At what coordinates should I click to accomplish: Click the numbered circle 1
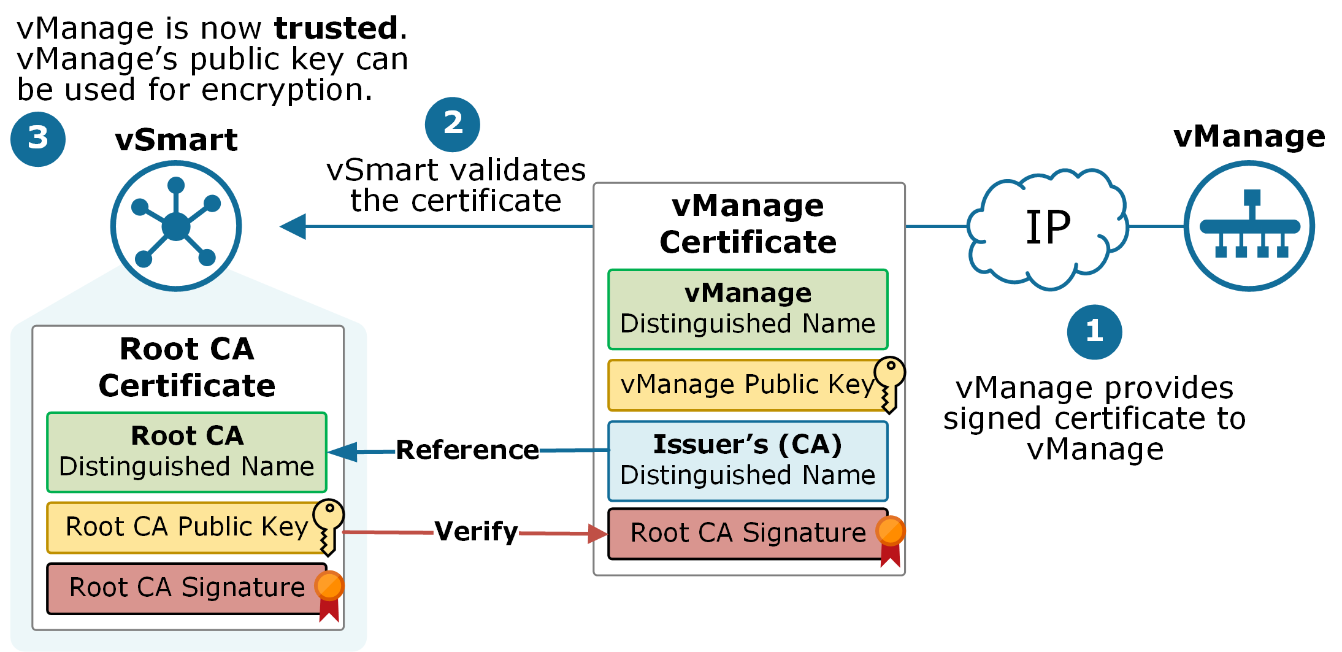1094,332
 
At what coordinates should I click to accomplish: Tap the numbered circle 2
452,125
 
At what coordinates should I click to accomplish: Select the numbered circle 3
38,139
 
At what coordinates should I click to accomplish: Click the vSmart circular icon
176,226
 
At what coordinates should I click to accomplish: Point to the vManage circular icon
1249,226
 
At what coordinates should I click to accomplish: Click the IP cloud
1048,228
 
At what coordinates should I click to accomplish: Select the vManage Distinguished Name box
747,309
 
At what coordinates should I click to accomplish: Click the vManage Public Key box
742,385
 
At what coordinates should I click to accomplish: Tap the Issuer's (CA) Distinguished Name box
747,461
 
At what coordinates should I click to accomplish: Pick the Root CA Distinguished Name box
186,452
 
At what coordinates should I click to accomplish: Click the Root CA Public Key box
181,527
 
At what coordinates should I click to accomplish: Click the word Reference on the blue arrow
467,450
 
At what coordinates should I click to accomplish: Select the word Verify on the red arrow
476,532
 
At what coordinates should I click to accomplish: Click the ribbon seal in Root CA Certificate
329,594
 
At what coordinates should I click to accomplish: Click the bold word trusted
336,29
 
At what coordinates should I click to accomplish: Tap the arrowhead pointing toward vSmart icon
293,226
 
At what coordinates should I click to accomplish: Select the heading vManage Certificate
748,224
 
